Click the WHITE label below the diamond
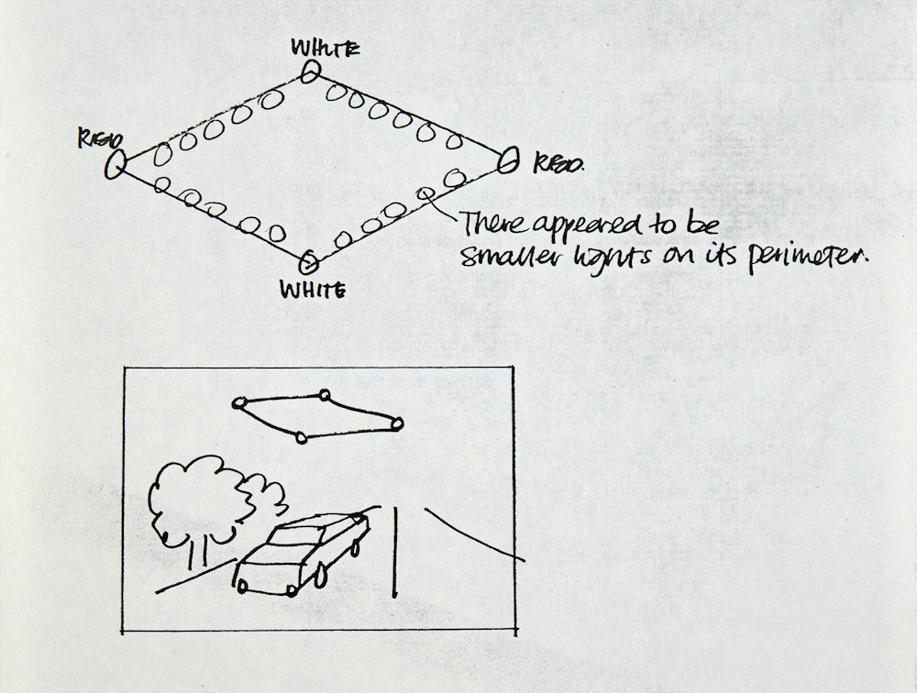(313, 291)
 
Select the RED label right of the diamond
(556, 164)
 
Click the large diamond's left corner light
(116, 165)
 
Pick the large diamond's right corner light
(509, 160)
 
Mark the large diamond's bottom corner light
(309, 264)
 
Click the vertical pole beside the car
(395, 550)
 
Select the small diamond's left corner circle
(238, 402)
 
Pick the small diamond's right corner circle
(397, 423)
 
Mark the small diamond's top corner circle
(324, 395)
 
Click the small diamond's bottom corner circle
(302, 437)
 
